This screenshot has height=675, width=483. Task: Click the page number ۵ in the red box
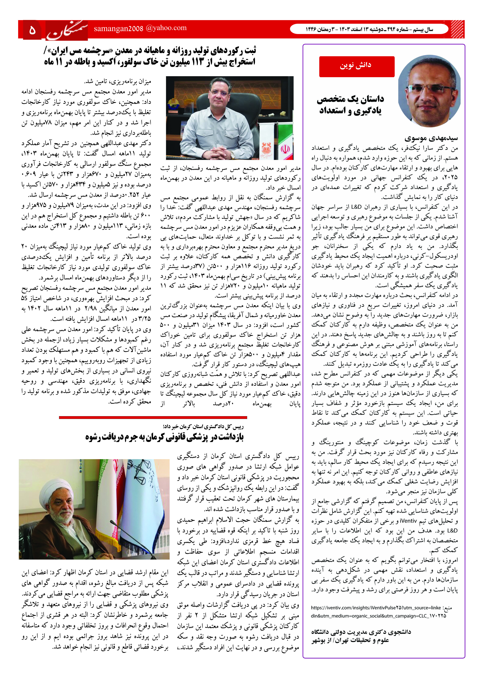tap(32, 30)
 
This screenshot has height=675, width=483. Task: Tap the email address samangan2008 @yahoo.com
tap(140, 28)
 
